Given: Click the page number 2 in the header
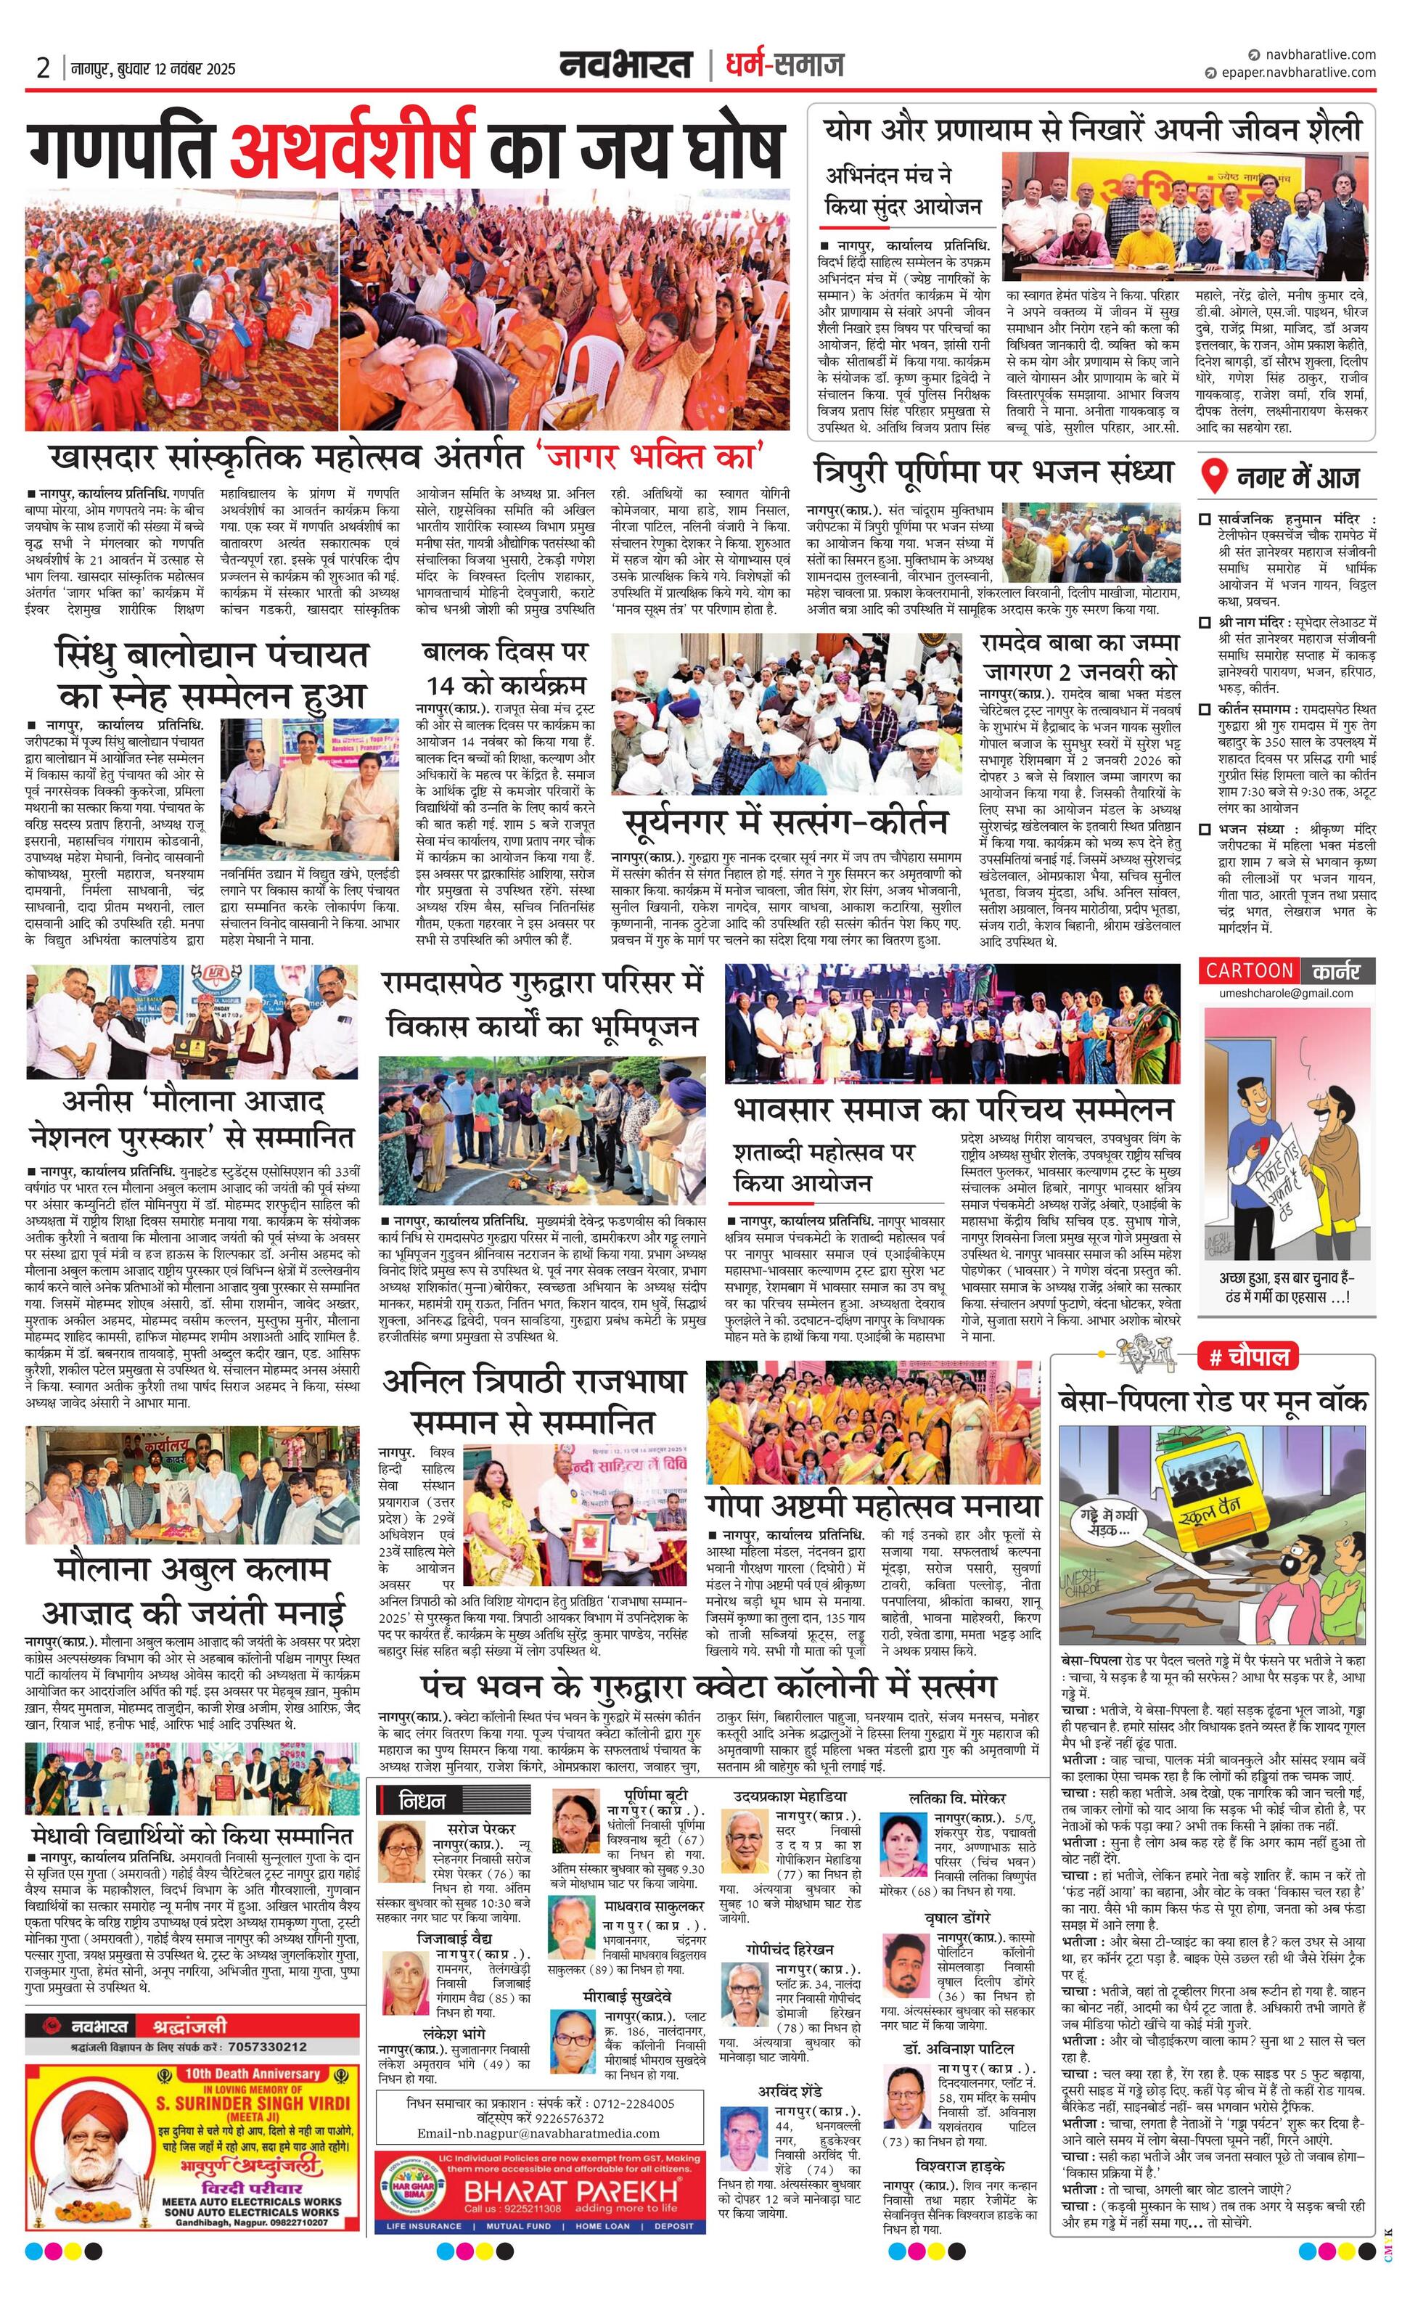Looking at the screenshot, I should click(43, 68).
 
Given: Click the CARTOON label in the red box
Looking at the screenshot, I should click(1249, 970).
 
